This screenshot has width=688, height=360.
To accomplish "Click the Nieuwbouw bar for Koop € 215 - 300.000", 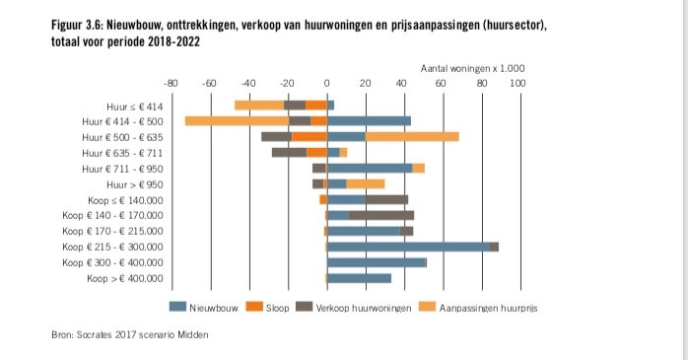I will tap(408, 247).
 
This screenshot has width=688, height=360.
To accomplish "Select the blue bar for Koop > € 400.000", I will tap(359, 278).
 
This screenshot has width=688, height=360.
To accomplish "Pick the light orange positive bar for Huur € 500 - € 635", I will tap(412, 136).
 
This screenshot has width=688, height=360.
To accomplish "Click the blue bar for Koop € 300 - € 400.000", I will tap(377, 262).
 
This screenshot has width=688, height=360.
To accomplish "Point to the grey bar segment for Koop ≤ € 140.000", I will tap(386, 199).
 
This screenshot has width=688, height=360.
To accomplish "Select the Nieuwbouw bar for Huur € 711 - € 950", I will tap(370, 168).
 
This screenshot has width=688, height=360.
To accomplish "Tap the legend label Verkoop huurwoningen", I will tap(358, 307).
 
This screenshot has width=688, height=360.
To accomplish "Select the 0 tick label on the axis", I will tap(326, 84).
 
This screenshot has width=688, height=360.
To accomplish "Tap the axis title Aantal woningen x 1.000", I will tap(472, 68).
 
